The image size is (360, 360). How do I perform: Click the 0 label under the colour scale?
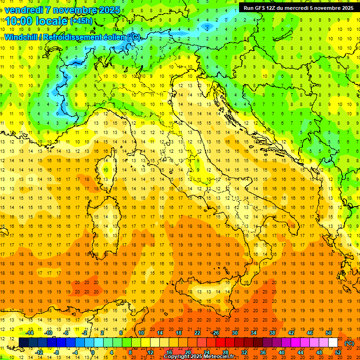[92, 352]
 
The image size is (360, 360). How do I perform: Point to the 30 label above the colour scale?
[234, 333]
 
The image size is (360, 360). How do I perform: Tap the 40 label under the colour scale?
[282, 352]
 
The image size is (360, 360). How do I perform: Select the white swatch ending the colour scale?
[333, 343]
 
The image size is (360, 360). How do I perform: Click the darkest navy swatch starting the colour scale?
[23, 343]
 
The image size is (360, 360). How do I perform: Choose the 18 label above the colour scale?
[178, 333]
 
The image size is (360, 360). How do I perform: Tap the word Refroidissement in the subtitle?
[70, 37]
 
